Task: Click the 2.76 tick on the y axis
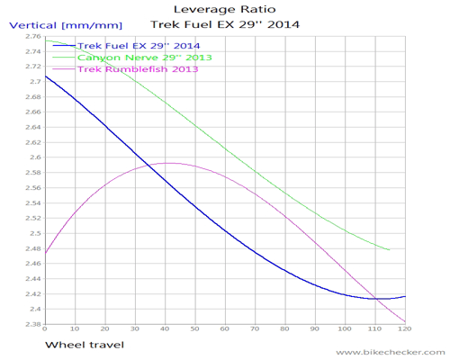tap(31, 37)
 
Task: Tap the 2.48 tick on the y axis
tap(31, 248)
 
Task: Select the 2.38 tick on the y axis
tap(31, 324)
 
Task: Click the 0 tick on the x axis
tap(45, 330)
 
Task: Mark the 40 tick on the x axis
tap(166, 330)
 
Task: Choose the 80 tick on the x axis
tap(286, 330)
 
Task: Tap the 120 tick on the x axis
tap(404, 330)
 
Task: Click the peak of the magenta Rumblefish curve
tap(167, 163)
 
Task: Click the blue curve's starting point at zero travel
tap(45, 76)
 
